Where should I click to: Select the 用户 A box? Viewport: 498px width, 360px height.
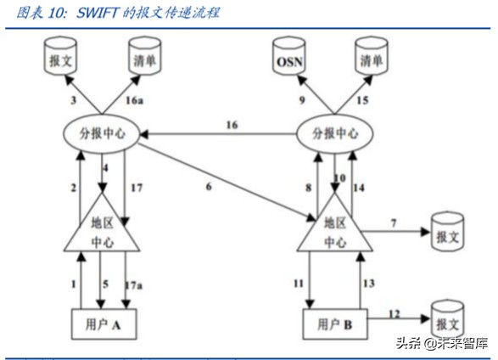(x=102, y=323)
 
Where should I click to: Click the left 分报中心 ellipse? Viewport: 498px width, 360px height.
(x=102, y=134)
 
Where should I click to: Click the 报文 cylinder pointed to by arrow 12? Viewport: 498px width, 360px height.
(x=447, y=320)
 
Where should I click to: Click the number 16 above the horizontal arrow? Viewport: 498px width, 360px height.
(x=232, y=125)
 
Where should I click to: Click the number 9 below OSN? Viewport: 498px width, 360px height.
(x=303, y=101)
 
